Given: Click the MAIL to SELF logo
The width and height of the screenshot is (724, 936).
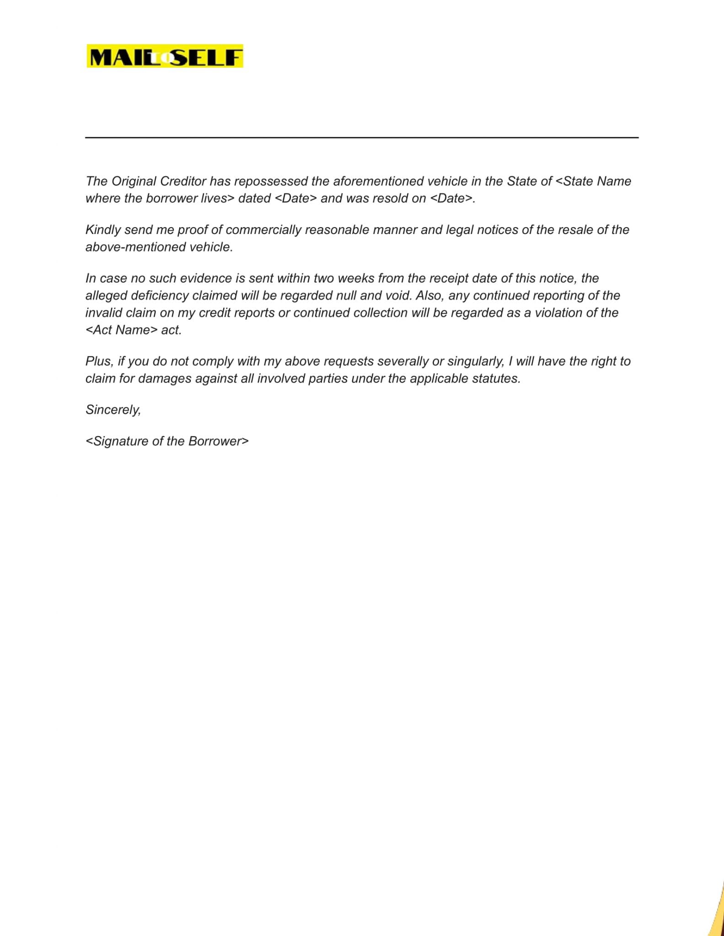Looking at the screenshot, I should tap(165, 57).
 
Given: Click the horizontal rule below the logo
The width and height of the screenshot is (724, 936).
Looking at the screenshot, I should tap(361, 137).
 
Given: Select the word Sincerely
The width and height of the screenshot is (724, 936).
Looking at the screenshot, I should tap(113, 409).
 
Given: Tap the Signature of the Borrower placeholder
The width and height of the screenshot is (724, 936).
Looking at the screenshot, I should tap(167, 441).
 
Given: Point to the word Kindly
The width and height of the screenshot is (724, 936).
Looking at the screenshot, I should tap(103, 230).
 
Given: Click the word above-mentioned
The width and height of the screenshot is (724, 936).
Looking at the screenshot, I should tap(132, 247).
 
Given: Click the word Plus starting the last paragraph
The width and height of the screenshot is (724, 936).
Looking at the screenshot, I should tap(98, 362).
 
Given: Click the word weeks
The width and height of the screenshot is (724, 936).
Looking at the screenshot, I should tap(356, 278).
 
